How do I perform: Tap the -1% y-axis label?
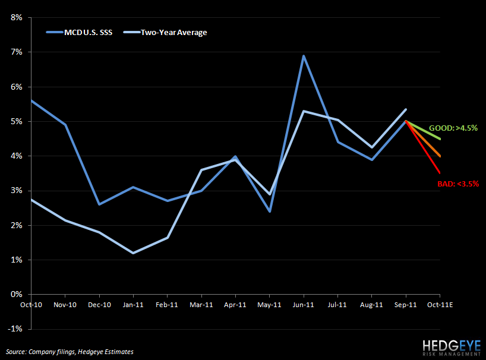click(15, 329)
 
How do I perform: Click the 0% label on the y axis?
click(17, 294)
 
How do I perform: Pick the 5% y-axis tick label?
click(17, 122)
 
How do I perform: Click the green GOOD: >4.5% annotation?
click(453, 128)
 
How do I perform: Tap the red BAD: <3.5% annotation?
click(457, 184)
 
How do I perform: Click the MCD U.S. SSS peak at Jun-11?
click(304, 56)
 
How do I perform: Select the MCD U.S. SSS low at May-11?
click(270, 211)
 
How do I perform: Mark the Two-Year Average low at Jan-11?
click(133, 253)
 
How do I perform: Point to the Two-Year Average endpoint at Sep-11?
click(406, 109)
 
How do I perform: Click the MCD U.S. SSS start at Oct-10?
click(30, 100)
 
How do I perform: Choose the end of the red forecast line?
click(440, 173)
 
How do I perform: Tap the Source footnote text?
click(70, 352)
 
